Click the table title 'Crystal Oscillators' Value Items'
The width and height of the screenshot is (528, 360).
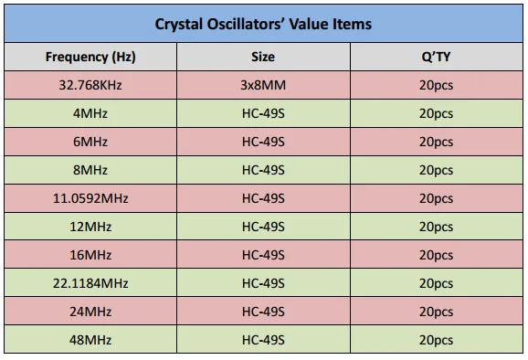click(263, 24)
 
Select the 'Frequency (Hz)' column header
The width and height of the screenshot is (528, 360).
click(90, 57)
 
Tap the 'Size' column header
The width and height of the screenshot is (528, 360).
click(263, 57)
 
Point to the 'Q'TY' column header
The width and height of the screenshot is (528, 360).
click(436, 57)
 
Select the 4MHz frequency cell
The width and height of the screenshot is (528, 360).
click(90, 113)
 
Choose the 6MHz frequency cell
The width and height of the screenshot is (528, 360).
click(90, 142)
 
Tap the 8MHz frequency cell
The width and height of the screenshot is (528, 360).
click(90, 170)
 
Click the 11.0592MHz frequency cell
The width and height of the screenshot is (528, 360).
click(90, 198)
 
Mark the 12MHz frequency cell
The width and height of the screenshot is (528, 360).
click(90, 227)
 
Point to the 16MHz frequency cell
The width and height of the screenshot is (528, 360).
click(90, 255)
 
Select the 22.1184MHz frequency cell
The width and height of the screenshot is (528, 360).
click(90, 283)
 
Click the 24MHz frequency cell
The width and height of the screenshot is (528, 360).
click(90, 312)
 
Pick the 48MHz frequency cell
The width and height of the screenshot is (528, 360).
click(90, 340)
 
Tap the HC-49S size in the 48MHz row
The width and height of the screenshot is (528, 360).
click(263, 340)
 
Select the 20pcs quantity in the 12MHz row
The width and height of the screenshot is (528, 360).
click(436, 227)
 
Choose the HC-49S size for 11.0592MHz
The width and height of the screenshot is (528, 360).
click(263, 198)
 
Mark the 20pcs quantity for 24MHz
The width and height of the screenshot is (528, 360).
click(436, 312)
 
